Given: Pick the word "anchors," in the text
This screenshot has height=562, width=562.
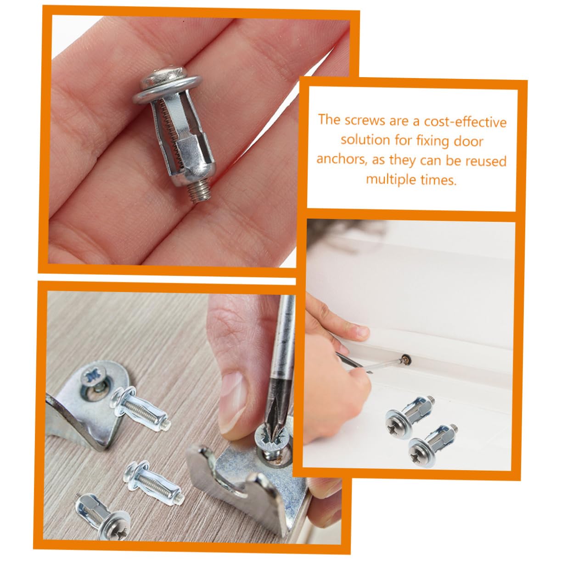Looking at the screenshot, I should pos(341,160).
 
